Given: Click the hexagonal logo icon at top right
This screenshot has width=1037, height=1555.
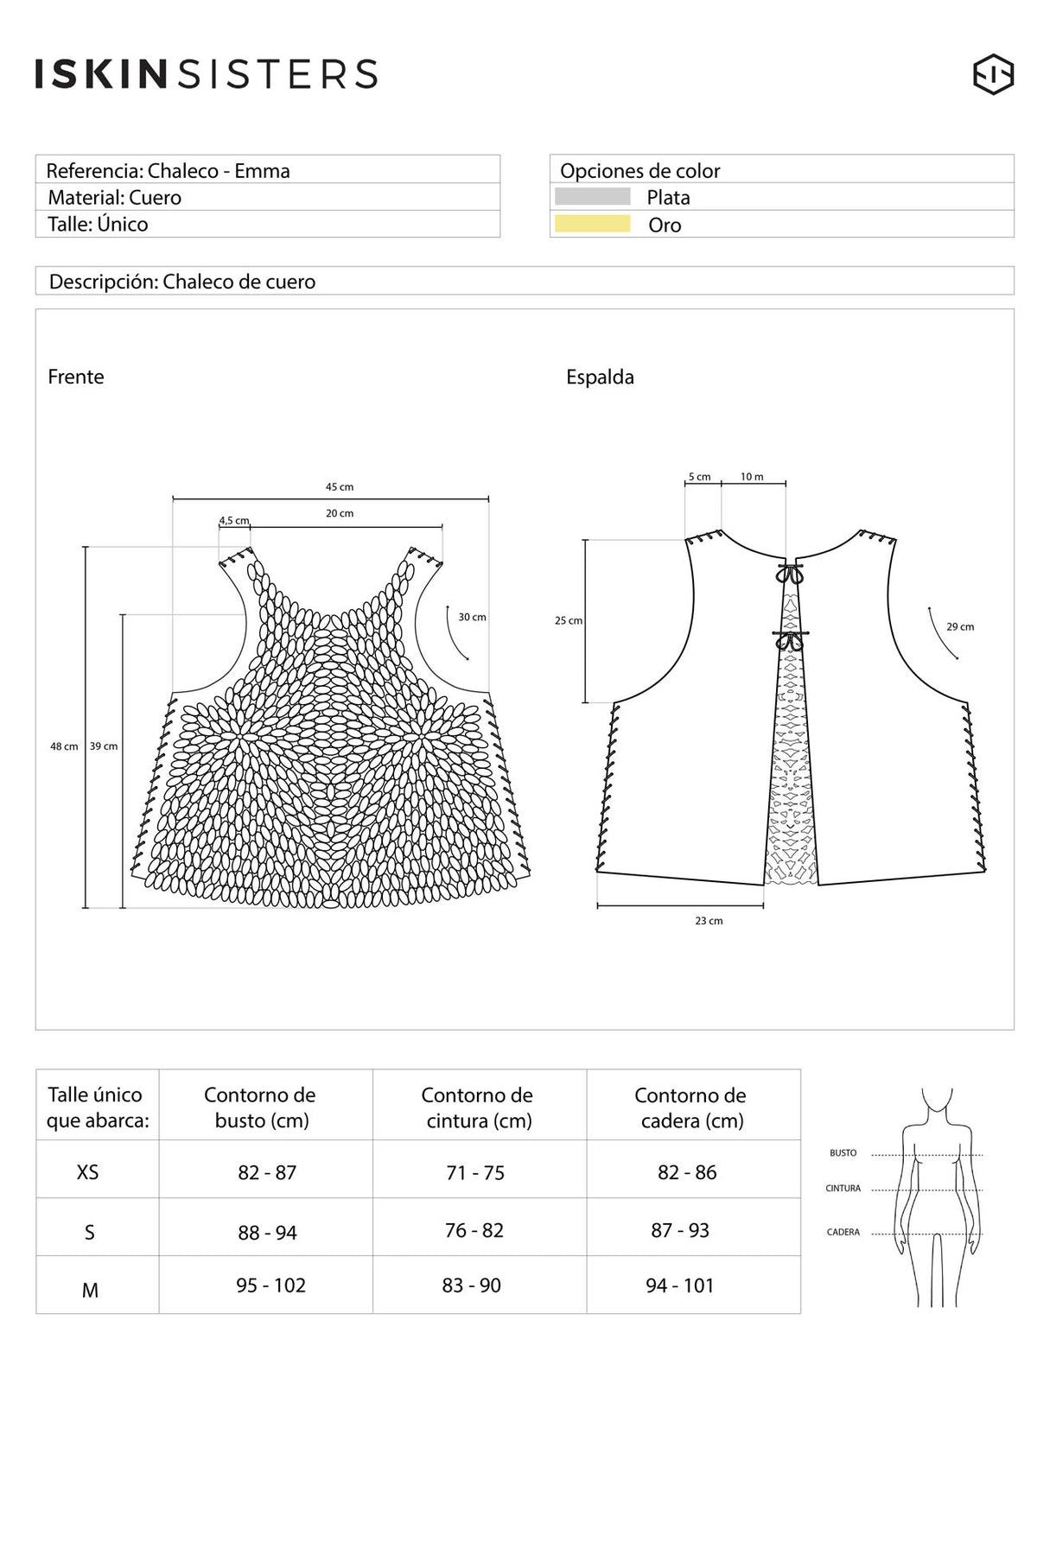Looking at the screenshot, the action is [993, 74].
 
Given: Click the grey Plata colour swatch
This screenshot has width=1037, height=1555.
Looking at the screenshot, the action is [593, 197].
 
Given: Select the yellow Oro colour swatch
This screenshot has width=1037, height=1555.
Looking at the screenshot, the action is [593, 224].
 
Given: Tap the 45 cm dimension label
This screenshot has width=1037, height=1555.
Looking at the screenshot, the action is [340, 487].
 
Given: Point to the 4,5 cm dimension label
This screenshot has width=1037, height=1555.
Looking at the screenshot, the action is [234, 521].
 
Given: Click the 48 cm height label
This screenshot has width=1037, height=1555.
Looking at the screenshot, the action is [64, 746].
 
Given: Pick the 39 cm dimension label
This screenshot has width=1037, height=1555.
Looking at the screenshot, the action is [104, 746].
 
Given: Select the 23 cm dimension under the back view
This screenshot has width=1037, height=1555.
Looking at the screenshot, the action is [709, 921].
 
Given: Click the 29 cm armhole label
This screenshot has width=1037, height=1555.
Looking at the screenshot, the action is [960, 627].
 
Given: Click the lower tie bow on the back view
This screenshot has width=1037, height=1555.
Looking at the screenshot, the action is [789, 640].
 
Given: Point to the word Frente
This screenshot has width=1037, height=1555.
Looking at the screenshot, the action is [76, 377].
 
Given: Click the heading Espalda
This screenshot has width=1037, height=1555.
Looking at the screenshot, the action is [600, 378].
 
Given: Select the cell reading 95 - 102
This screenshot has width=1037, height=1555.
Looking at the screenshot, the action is [271, 1285].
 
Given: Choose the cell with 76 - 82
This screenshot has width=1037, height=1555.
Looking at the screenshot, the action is [474, 1230].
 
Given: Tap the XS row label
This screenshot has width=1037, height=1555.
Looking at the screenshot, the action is [88, 1172].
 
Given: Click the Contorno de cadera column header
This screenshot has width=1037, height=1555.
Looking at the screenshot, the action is [691, 1108].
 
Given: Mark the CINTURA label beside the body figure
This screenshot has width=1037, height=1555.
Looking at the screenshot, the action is [843, 1189].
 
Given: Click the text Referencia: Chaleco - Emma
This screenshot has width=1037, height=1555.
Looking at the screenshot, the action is [169, 171].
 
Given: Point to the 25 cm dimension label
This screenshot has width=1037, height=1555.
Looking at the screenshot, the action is [569, 621].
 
